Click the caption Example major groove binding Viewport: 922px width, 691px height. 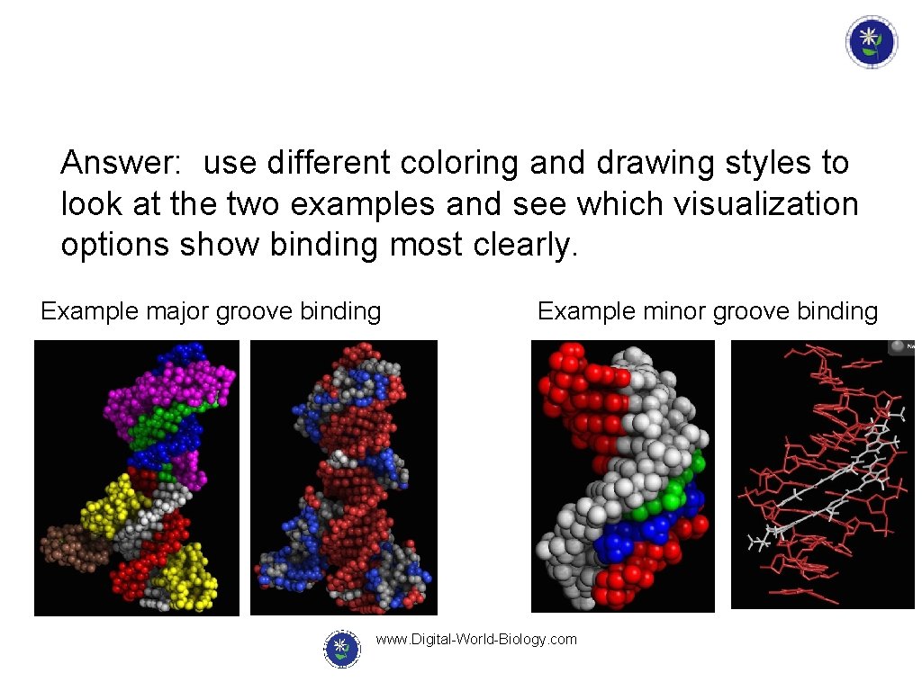point(211,311)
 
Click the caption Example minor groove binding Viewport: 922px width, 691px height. point(707,311)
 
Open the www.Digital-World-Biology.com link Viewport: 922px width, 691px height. point(475,640)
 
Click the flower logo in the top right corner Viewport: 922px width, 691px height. point(871,41)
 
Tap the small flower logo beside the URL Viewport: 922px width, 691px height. point(341,648)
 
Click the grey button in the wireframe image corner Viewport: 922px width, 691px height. point(899,346)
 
